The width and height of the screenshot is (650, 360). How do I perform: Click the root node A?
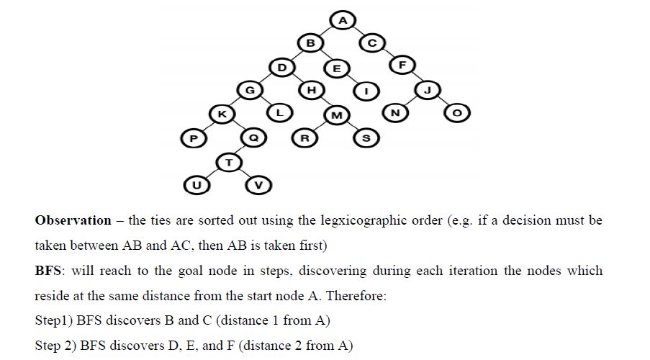342,20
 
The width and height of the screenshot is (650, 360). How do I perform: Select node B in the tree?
310,43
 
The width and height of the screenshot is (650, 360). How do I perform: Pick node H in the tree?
311,90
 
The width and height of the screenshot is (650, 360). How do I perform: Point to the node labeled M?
335,114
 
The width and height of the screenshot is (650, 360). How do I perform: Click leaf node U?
195,185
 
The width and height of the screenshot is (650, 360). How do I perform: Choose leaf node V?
259,185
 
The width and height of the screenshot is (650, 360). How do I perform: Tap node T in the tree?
228,162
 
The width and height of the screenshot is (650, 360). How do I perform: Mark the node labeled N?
395,113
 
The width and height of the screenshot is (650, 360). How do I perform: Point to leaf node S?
366,138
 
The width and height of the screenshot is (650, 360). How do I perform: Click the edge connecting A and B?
326,32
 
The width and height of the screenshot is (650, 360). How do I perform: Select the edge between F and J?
415,78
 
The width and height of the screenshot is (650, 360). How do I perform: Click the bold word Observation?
73,220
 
